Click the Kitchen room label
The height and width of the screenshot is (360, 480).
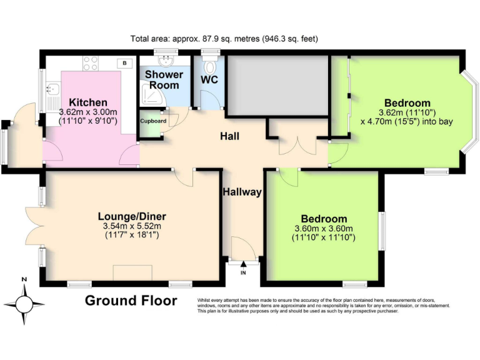click(x=88, y=102)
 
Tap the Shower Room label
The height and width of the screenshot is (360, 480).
click(x=164, y=79)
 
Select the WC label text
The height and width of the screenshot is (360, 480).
click(x=209, y=80)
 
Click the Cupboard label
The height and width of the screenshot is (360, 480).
click(x=152, y=121)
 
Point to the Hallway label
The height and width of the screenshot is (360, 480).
click(x=242, y=192)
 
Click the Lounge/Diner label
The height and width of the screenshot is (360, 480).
click(x=132, y=216)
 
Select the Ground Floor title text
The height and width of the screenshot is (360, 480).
click(x=131, y=301)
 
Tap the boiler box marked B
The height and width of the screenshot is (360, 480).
click(x=125, y=63)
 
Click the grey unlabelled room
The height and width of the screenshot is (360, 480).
click(x=277, y=86)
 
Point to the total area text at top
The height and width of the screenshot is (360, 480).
click(x=224, y=39)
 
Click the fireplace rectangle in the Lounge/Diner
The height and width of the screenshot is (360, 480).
click(x=132, y=273)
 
